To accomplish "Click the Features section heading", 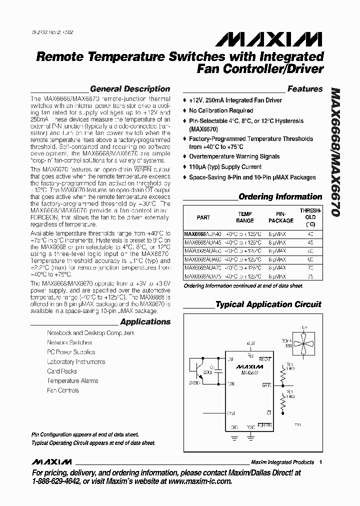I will [x=305, y=89].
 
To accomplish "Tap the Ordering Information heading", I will [x=280, y=197].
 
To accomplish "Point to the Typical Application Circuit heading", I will [x=268, y=304].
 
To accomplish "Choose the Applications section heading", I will [x=145, y=322].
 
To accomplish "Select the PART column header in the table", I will [x=203, y=217].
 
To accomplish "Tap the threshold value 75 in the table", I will [x=310, y=276].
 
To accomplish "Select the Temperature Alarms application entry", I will [x=72, y=381].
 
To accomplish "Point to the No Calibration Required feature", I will [x=221, y=110].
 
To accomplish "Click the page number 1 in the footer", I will [x=320, y=462].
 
